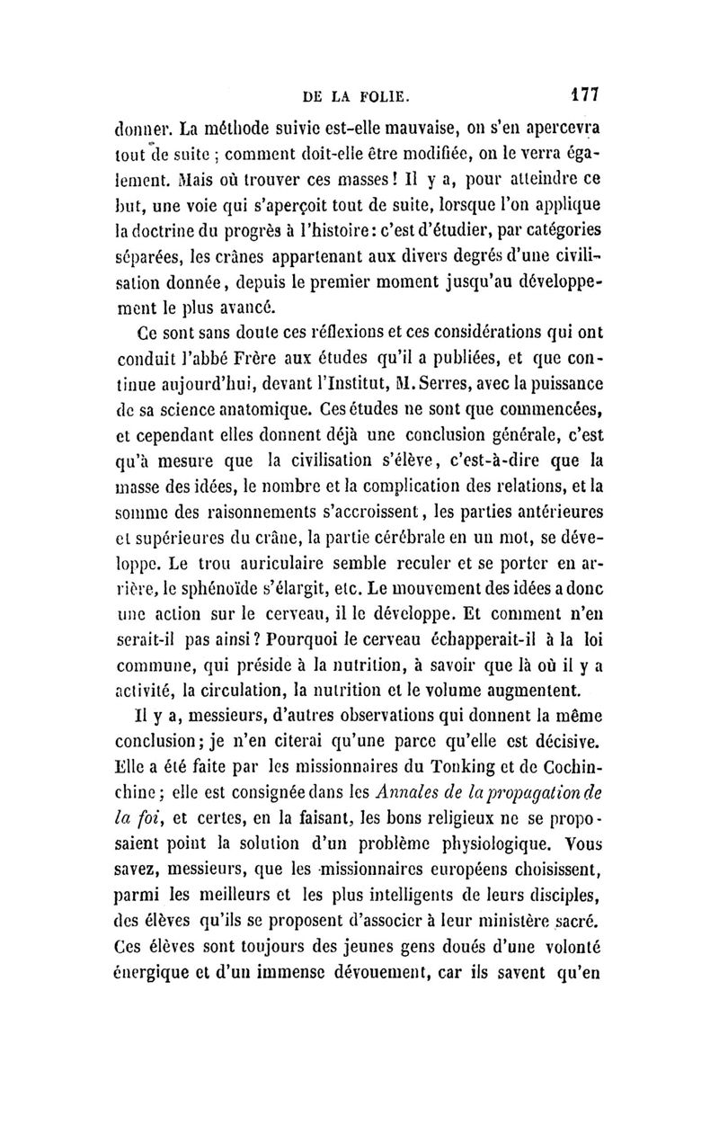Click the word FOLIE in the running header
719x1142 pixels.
point(384,94)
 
